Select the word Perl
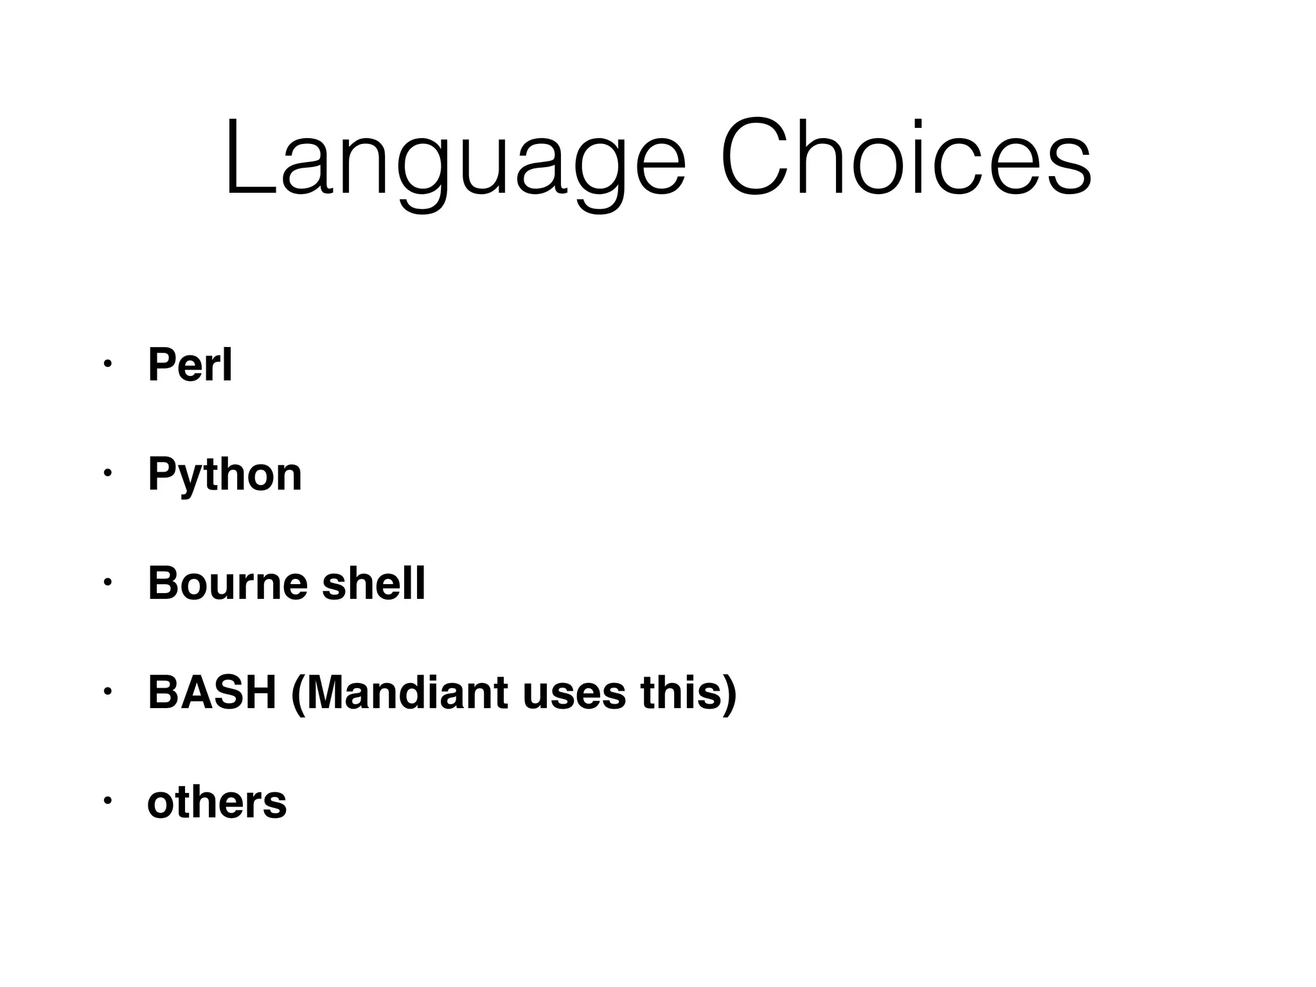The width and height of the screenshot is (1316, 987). [x=190, y=365]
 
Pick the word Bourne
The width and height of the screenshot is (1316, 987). [x=228, y=583]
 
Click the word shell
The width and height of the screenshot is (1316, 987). [x=373, y=583]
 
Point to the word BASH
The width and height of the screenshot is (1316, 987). [x=212, y=693]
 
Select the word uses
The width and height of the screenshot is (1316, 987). [x=574, y=693]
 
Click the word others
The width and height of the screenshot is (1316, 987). [x=217, y=802]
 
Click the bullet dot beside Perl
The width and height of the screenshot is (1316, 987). [x=107, y=364]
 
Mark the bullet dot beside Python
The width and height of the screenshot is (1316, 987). [x=107, y=474]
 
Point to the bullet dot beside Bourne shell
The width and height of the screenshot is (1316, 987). [x=107, y=583]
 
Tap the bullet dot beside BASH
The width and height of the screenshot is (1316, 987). [x=107, y=692]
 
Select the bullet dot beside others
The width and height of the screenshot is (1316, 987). [x=107, y=801]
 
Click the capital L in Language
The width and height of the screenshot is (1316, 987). [x=247, y=157]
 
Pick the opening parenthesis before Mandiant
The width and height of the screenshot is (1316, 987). [x=298, y=694]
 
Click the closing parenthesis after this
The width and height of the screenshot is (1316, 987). [x=729, y=694]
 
